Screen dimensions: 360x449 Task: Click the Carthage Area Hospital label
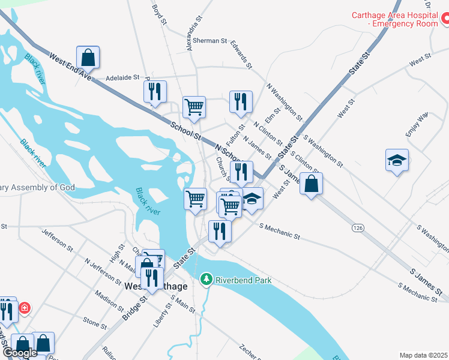pos(394,19)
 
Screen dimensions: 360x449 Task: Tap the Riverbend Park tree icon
pos(206,280)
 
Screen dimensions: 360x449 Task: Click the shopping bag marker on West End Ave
pos(88,58)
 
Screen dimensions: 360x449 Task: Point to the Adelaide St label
pos(122,77)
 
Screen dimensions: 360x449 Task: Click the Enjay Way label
pos(416,124)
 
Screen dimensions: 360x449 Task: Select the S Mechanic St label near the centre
pos(279,232)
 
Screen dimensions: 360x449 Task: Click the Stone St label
pos(95,322)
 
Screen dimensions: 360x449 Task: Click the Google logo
pos(20,353)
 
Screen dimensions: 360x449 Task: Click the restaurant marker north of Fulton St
pos(241,101)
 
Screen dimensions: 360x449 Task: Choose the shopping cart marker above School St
pos(194,107)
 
